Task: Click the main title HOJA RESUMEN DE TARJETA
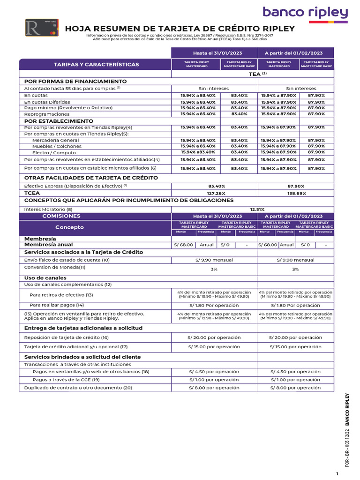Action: tap(180, 29)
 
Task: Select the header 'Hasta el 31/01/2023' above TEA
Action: tap(214, 53)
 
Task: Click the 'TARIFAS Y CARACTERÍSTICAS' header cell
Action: tap(96, 64)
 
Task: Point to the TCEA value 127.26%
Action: tap(216, 193)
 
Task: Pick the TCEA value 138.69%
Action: tap(296, 193)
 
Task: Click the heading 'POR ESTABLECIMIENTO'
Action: tap(59, 121)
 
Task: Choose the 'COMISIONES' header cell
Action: tap(61, 216)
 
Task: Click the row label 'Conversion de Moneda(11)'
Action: tap(55, 267)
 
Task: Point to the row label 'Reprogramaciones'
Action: tap(46, 114)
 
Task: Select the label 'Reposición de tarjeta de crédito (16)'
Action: tap(66, 337)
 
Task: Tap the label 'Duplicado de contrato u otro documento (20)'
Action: tap(78, 388)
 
